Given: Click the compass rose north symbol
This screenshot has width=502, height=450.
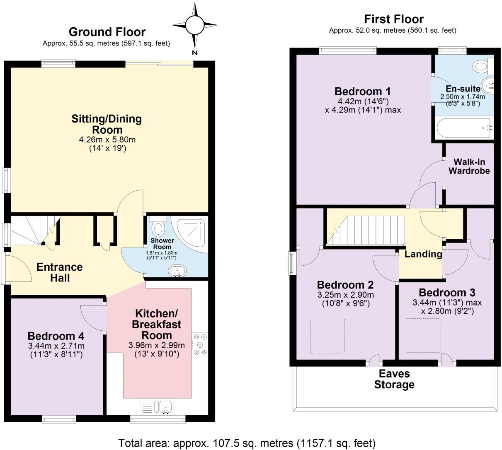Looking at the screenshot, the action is [x=195, y=25].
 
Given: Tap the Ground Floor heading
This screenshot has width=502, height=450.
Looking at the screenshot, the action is [x=107, y=32].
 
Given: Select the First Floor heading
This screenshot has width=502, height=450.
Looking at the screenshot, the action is [x=394, y=19].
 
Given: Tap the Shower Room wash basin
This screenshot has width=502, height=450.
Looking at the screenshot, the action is [x=177, y=271].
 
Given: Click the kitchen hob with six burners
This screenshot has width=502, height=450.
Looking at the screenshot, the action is [x=200, y=344].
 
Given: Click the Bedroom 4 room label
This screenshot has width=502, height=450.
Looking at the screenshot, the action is [x=56, y=336].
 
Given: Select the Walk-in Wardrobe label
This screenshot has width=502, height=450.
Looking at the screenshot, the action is [x=469, y=166].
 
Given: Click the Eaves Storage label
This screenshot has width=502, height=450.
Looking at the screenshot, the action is [x=394, y=379].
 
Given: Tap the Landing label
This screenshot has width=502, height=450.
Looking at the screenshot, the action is [x=423, y=254].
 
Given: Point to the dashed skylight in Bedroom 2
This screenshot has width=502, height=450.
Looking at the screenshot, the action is [x=327, y=336].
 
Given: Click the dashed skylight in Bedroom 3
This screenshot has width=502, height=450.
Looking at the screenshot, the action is [x=423, y=335].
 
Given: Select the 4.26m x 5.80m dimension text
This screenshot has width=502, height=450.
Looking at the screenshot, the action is [x=107, y=140].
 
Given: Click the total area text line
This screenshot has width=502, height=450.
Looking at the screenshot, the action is [x=247, y=443].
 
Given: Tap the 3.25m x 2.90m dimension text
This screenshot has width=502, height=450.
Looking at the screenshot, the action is [x=346, y=295].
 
